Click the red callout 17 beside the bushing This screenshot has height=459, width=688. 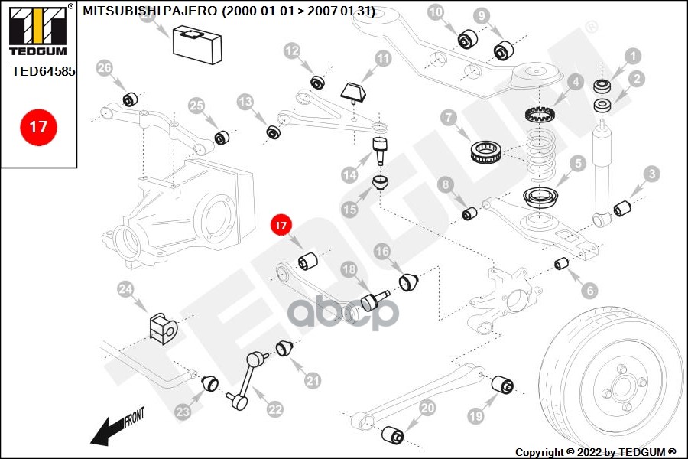pos(281,226)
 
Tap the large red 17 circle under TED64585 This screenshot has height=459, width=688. pos(38,127)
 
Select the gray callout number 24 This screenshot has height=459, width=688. pos(125,289)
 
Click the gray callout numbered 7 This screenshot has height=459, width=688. pos(448,118)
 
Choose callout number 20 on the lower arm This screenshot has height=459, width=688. pos(427,409)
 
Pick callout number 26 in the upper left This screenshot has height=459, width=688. pos(105,69)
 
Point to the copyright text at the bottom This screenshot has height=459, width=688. pos(596,451)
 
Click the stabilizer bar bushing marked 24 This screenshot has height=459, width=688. pos(161,327)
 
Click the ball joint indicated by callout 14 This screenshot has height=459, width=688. pos(378,149)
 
